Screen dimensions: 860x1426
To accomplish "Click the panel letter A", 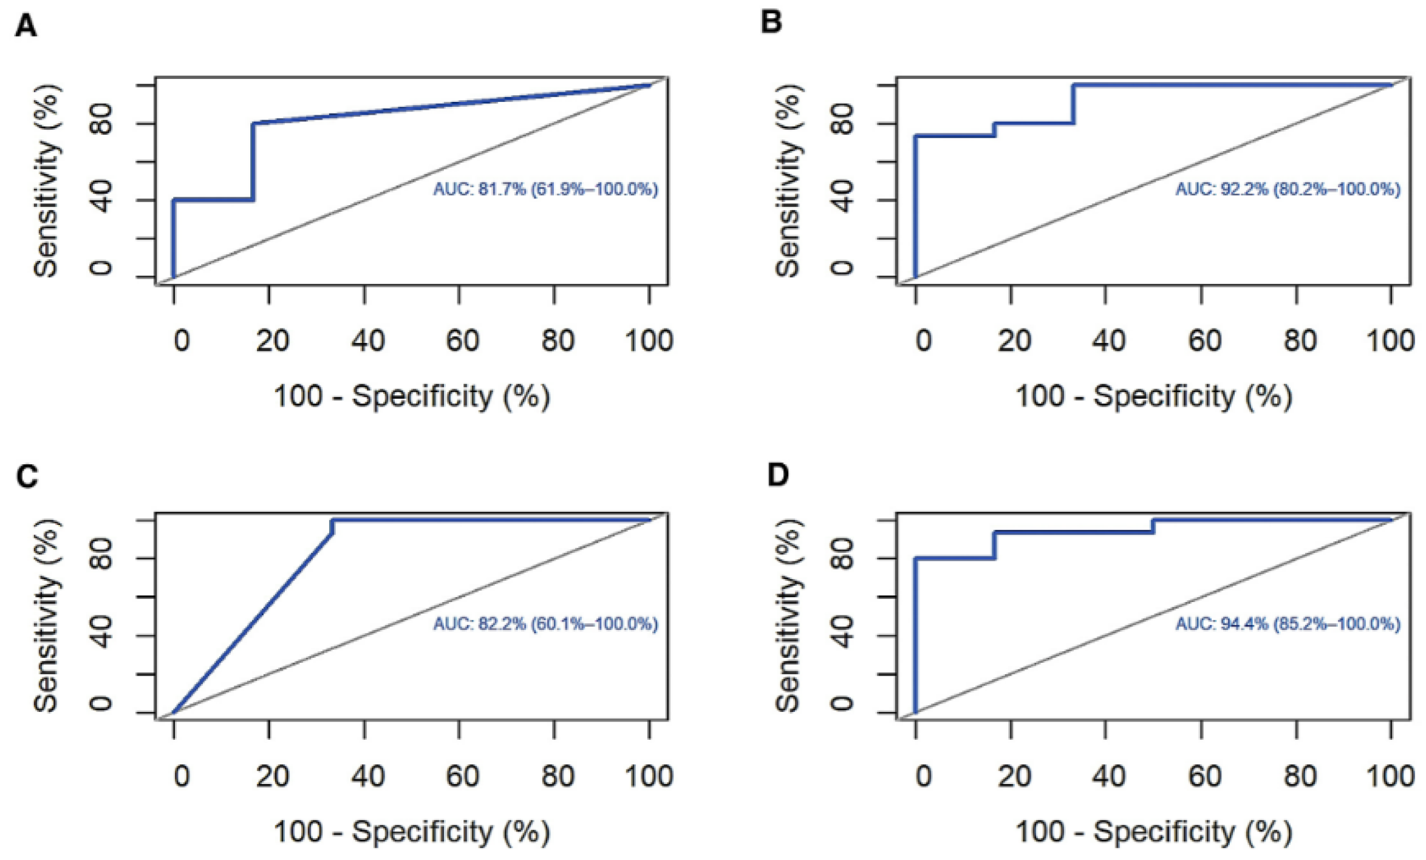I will coord(26,26).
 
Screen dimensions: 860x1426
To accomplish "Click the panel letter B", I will coord(771,22).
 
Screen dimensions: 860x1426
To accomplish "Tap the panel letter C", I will coord(27,476).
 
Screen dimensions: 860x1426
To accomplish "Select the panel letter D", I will coord(778,475).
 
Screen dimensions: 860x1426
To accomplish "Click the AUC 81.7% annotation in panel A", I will coord(545,189).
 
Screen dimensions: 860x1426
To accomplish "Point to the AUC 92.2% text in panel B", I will coord(1288,189).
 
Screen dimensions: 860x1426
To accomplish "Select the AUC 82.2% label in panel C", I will coord(545,624).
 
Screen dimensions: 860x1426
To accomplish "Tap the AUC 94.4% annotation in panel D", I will coord(1288,624).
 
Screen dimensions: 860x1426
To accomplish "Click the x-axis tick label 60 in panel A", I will coord(462,340).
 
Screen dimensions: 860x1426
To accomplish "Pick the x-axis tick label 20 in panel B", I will coord(1014,340).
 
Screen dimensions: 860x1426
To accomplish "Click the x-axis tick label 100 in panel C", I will coord(649,776).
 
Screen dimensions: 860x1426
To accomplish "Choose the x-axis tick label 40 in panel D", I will coord(1108,776).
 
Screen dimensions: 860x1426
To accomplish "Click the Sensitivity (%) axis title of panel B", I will coord(788,181).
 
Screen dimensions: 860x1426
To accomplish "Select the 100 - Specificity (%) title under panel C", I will coord(412,831).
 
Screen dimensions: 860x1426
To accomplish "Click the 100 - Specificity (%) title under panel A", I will coord(412,396).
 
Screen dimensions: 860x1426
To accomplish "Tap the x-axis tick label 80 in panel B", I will coord(1299,340).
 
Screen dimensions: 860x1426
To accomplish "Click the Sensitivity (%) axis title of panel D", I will coord(788,616).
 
